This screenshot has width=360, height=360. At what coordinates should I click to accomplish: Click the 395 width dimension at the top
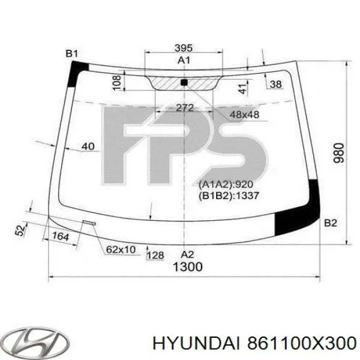click(184, 47)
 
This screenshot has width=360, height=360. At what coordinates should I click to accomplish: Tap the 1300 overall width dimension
click(188, 268)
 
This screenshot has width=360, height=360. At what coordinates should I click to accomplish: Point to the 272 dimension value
click(184, 108)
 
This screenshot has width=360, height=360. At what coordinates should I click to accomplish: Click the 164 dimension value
click(60, 236)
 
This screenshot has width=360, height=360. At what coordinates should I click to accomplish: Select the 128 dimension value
click(155, 256)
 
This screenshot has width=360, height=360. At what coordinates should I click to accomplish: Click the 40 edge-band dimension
click(88, 146)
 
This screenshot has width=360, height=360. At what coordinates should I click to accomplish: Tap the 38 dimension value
click(276, 85)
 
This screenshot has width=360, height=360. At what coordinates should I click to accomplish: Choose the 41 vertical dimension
click(242, 89)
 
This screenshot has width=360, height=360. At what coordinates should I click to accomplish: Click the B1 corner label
click(72, 54)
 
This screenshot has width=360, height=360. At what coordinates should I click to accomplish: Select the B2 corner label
click(331, 223)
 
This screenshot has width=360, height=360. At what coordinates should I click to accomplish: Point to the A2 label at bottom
click(188, 254)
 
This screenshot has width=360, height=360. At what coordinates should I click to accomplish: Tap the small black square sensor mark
click(184, 82)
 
